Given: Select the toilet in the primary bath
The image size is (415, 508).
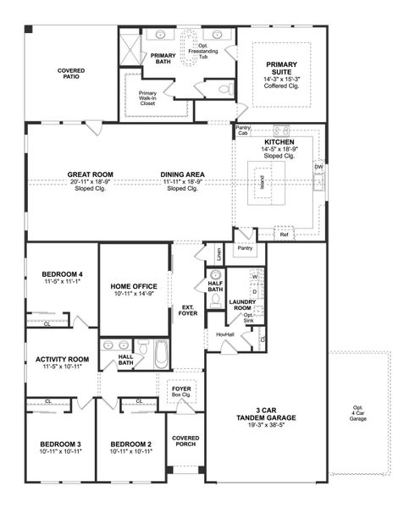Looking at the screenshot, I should pyautogui.click(x=225, y=88).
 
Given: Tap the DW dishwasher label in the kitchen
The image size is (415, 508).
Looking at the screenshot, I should pyautogui.click(x=318, y=168).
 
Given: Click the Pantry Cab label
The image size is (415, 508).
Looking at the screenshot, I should pyautogui.click(x=243, y=130).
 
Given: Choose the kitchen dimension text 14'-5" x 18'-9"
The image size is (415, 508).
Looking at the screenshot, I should pyautogui.click(x=279, y=150).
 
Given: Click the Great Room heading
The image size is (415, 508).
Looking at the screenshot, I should pyautogui.click(x=91, y=174).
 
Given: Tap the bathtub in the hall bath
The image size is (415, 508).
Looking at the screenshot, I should pyautogui.click(x=161, y=354).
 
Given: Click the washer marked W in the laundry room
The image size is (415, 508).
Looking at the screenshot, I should pyautogui.click(x=254, y=277).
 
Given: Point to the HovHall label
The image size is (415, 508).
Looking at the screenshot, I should pyautogui.click(x=224, y=334).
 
